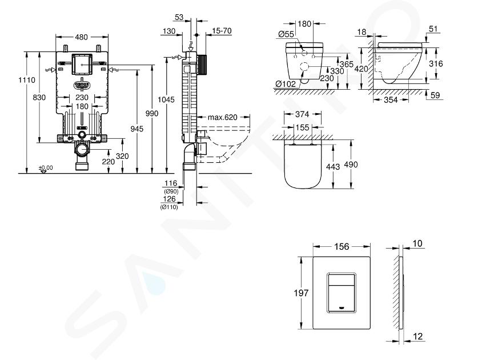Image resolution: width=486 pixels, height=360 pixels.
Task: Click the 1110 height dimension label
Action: click(27, 80)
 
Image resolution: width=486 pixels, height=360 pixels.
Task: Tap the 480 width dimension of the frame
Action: click(82, 37)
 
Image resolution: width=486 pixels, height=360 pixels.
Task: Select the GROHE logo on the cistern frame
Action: click(82, 85)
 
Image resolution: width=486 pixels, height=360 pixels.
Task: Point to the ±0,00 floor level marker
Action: click(46, 168)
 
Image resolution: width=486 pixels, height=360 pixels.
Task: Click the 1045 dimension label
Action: click(166, 99)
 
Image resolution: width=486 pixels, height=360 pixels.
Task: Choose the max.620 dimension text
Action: click(222, 117)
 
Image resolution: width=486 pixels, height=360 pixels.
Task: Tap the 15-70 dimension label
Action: click(222, 31)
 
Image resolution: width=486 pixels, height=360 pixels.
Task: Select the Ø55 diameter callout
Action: click(286, 34)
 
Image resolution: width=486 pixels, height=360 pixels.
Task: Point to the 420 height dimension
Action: click(361, 69)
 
